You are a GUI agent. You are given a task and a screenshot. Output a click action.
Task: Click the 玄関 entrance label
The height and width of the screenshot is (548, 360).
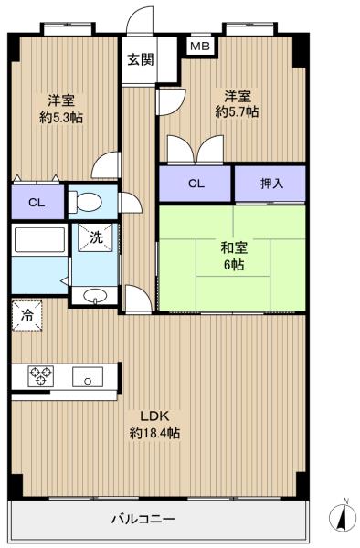[140, 59]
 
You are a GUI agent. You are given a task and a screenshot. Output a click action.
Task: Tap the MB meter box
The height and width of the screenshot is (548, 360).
[200, 46]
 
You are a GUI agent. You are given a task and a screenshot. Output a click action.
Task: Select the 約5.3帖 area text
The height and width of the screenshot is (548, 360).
[61, 118]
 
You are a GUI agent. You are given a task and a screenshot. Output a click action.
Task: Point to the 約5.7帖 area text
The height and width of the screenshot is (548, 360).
[237, 111]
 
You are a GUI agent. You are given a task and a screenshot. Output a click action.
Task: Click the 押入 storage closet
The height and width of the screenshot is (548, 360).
[270, 184]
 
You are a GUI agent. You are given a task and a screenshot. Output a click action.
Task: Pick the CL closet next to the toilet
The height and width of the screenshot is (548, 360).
[37, 203]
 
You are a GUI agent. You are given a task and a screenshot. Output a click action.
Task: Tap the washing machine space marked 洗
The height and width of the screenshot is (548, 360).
[95, 237]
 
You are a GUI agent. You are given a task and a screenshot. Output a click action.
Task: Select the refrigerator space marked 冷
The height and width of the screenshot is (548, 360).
[26, 316]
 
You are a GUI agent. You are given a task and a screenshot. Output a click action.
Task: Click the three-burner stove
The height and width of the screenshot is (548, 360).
[40, 376]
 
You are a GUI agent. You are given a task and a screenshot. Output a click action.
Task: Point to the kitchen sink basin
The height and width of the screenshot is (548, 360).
[88, 376]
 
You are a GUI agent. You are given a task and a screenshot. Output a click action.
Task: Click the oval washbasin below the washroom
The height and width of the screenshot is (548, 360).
[95, 296]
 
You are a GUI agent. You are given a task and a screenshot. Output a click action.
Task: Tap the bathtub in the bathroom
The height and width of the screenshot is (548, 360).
[39, 239]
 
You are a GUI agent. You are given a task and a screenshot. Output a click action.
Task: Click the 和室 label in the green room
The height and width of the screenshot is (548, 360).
[234, 248]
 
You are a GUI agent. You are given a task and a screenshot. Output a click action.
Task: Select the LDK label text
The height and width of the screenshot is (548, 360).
[154, 416]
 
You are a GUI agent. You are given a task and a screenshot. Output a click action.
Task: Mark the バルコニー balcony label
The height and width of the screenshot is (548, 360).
[143, 519]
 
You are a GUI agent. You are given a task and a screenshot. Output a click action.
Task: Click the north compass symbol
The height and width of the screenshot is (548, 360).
[344, 517]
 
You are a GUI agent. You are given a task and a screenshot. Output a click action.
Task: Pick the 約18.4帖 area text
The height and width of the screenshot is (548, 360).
[154, 433]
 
